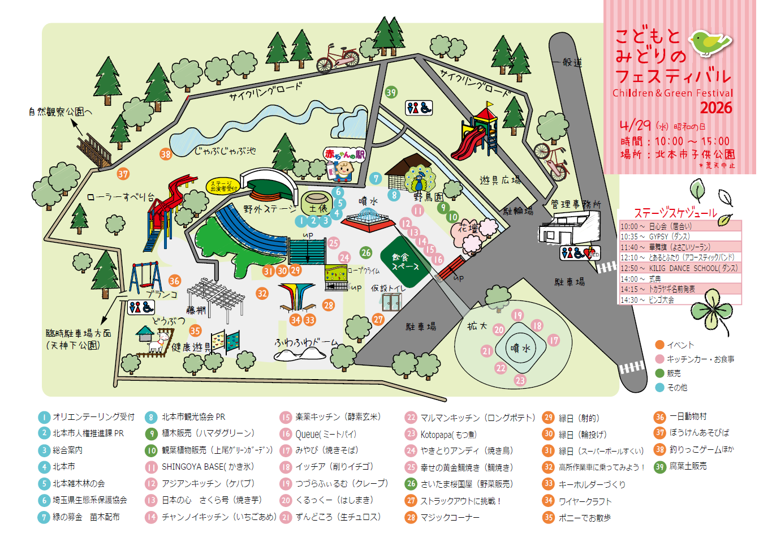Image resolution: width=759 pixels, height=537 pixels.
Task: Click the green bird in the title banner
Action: (x=709, y=42)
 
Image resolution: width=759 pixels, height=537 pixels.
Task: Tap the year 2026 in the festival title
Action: (x=715, y=108)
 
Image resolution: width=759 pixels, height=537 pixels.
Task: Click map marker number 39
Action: (x=391, y=92)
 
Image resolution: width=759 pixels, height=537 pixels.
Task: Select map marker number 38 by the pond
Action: (x=165, y=154)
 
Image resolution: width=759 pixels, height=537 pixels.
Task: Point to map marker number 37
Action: (x=123, y=174)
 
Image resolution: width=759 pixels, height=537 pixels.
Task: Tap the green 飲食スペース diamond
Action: (x=405, y=260)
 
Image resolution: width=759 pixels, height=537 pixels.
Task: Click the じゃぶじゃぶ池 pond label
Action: (x=225, y=151)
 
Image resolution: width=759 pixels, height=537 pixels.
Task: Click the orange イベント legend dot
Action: (x=659, y=345)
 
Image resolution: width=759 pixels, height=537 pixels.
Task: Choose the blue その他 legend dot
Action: (x=659, y=388)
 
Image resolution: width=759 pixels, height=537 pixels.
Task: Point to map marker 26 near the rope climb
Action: (x=366, y=252)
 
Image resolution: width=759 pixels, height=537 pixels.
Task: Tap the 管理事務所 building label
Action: (x=576, y=204)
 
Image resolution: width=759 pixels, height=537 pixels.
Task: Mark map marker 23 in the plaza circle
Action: (x=520, y=381)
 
